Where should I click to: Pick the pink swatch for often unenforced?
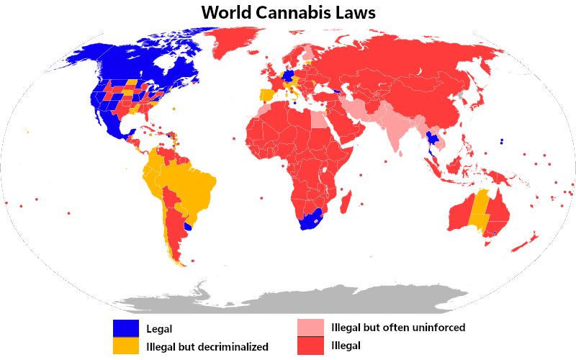[310, 328]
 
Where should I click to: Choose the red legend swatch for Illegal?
[310, 346]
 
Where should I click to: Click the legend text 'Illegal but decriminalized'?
[207, 347]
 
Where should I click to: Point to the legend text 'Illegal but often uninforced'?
[398, 328]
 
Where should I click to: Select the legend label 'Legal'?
[159, 328]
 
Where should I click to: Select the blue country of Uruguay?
[189, 226]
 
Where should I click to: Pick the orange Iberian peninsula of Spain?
[266, 94]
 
